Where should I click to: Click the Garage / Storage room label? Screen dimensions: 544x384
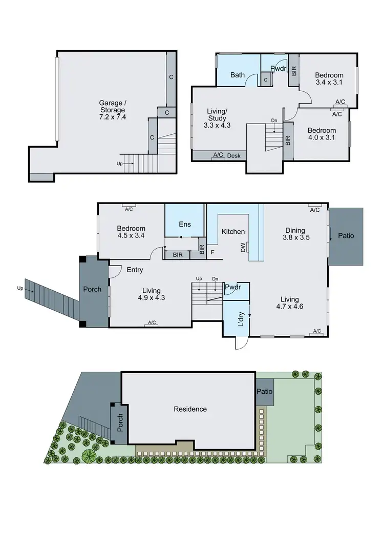pos(112,110)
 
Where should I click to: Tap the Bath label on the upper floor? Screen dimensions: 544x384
pos(237,75)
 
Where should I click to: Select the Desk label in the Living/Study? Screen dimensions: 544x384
pos(234,156)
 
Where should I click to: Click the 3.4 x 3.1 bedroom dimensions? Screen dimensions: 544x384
pos(329,82)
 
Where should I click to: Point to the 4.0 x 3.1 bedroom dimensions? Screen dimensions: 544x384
pos(322,138)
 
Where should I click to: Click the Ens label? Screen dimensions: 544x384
pos(185,224)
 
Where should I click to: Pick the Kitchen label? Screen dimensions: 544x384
pos(233,232)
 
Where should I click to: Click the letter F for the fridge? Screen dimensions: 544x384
pos(211,252)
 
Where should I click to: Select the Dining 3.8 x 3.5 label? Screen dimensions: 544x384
pos(294,234)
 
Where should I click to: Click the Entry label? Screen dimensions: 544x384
pos(135,270)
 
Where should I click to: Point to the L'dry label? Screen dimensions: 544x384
pos(242,319)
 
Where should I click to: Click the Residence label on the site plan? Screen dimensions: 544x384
pos(190,409)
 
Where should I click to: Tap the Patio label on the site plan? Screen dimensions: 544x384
pos(265,392)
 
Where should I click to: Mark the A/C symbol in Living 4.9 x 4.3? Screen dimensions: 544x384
pos(152,323)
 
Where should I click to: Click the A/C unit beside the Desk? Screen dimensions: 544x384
pos(218,155)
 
